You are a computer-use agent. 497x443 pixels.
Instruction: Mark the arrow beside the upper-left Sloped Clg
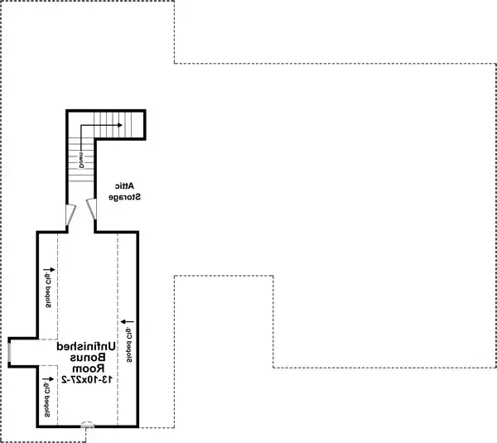[x=49, y=269]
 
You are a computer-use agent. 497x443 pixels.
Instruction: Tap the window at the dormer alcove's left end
[x=9, y=351]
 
